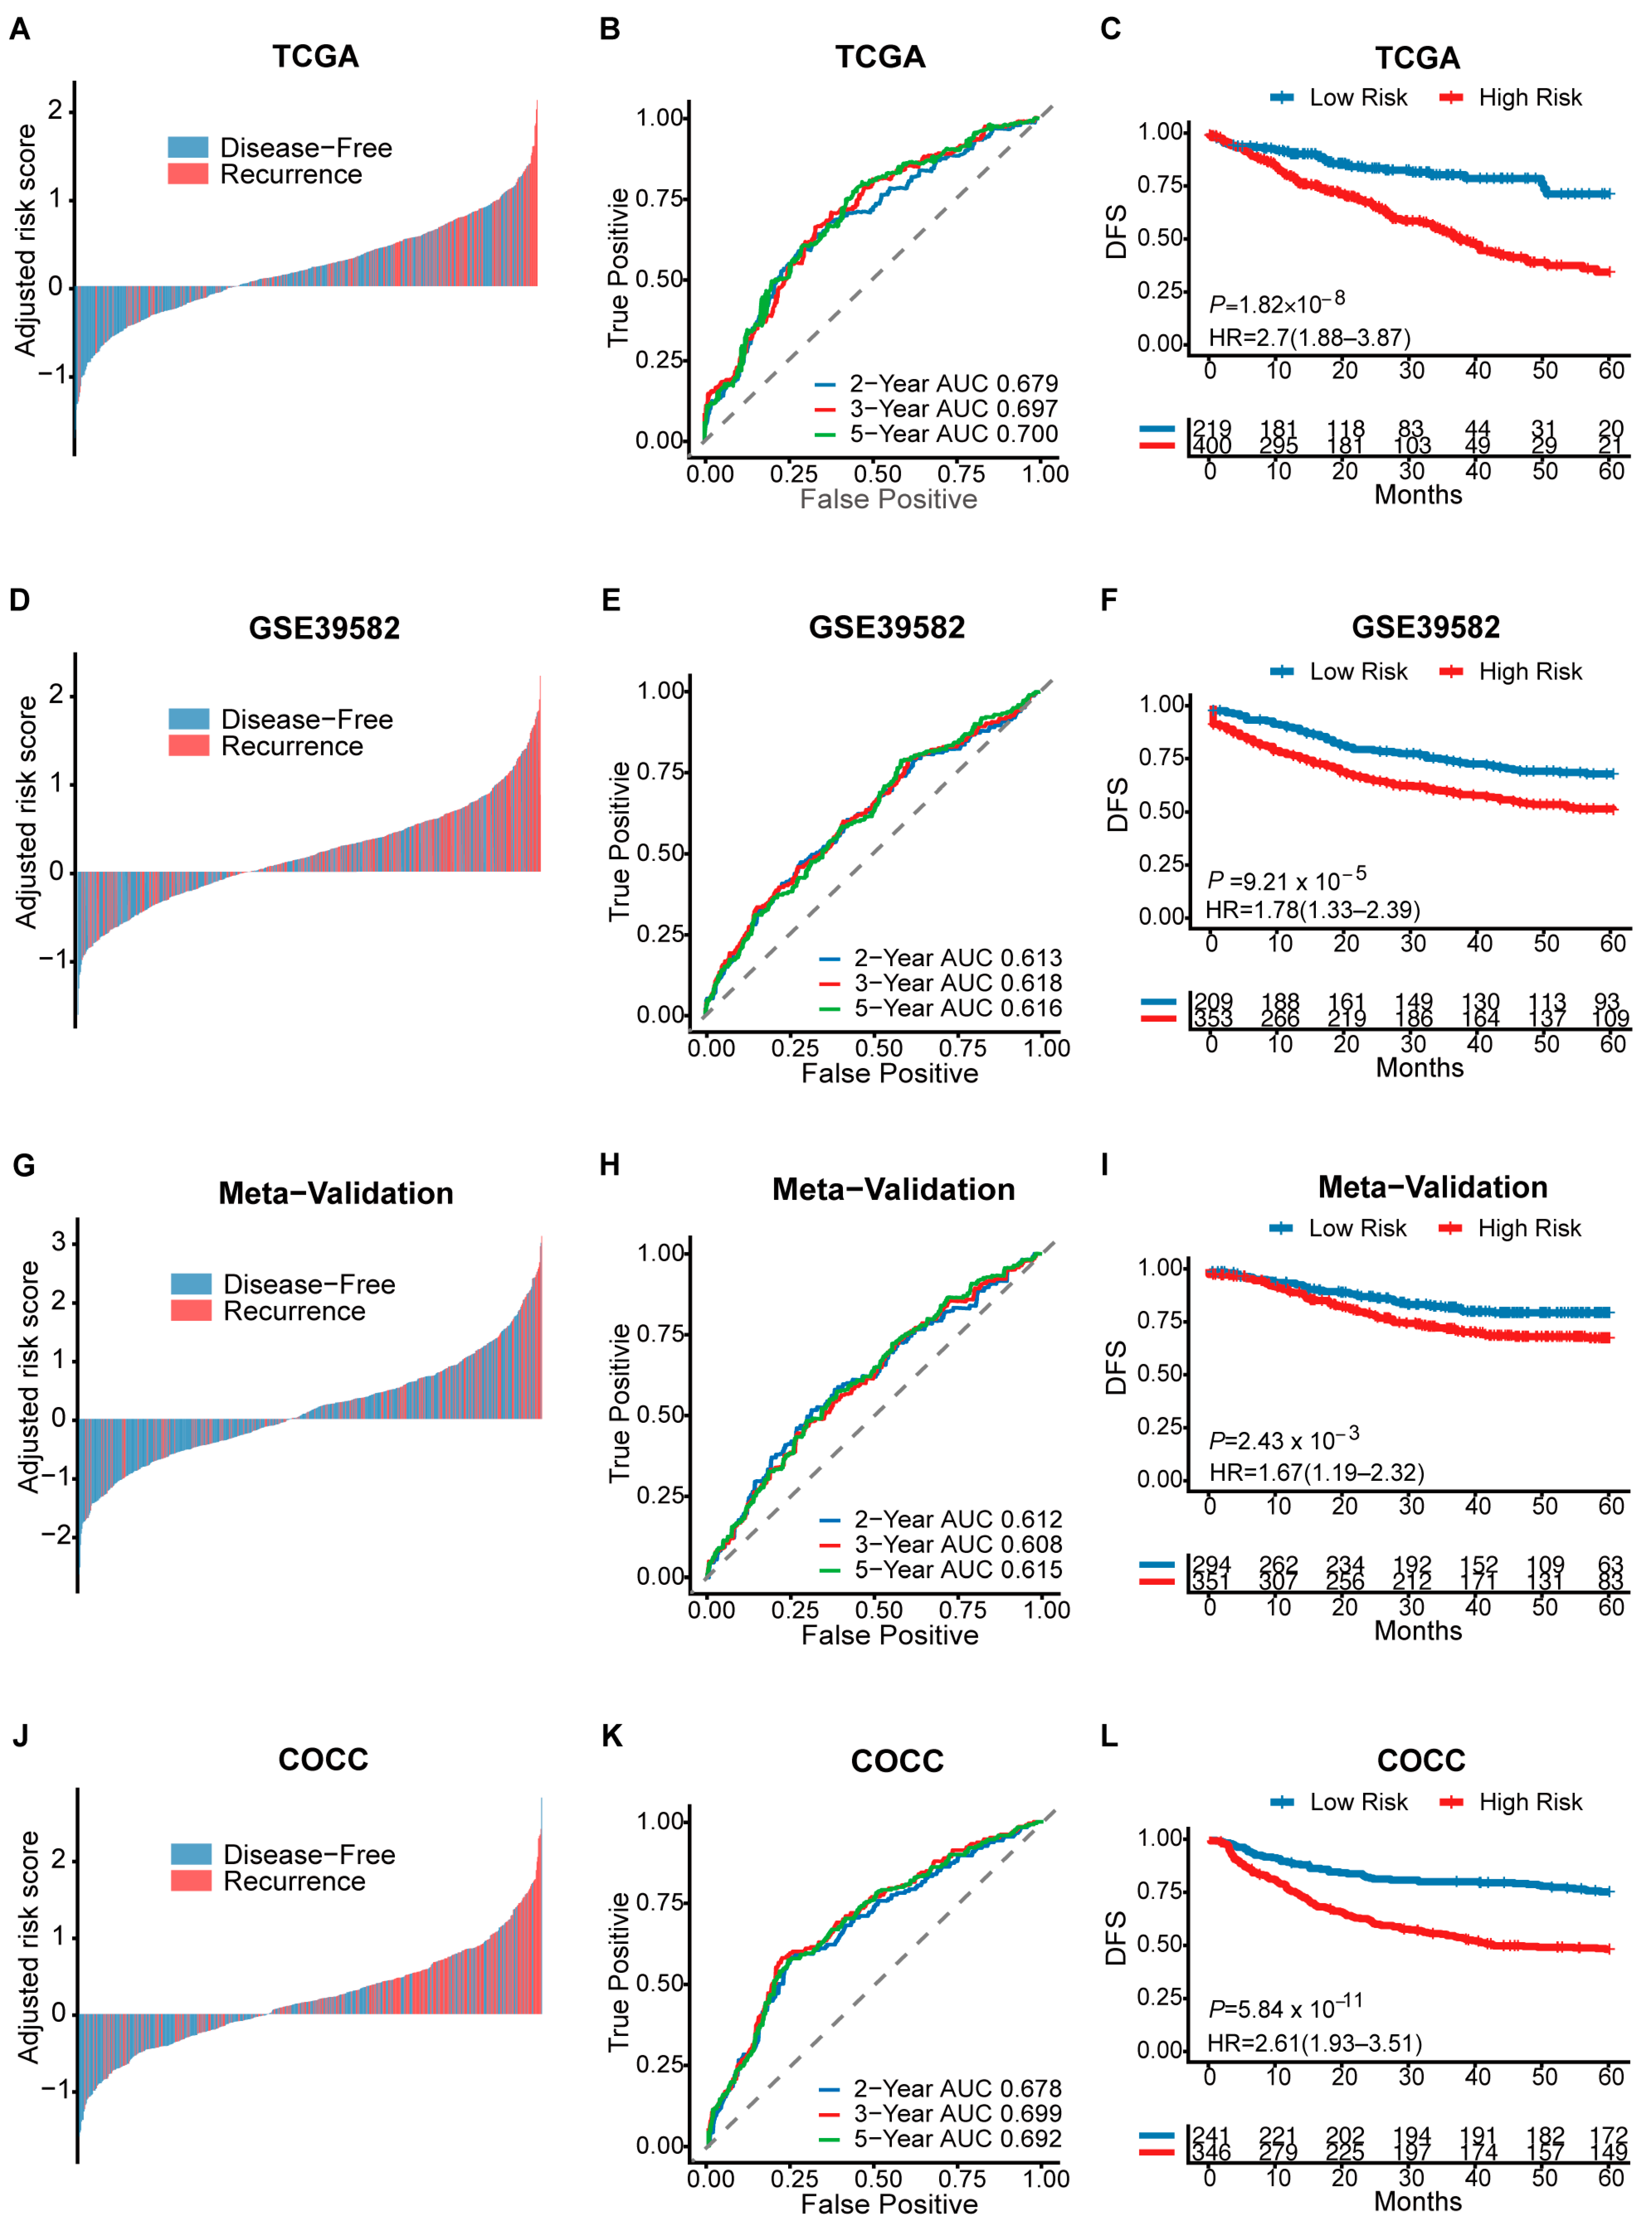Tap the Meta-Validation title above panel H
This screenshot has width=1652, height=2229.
[893, 1190]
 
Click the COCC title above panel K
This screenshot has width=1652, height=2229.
[897, 1761]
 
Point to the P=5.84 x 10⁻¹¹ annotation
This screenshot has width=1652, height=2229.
[1285, 2007]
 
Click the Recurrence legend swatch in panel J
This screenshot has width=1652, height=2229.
[191, 1880]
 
